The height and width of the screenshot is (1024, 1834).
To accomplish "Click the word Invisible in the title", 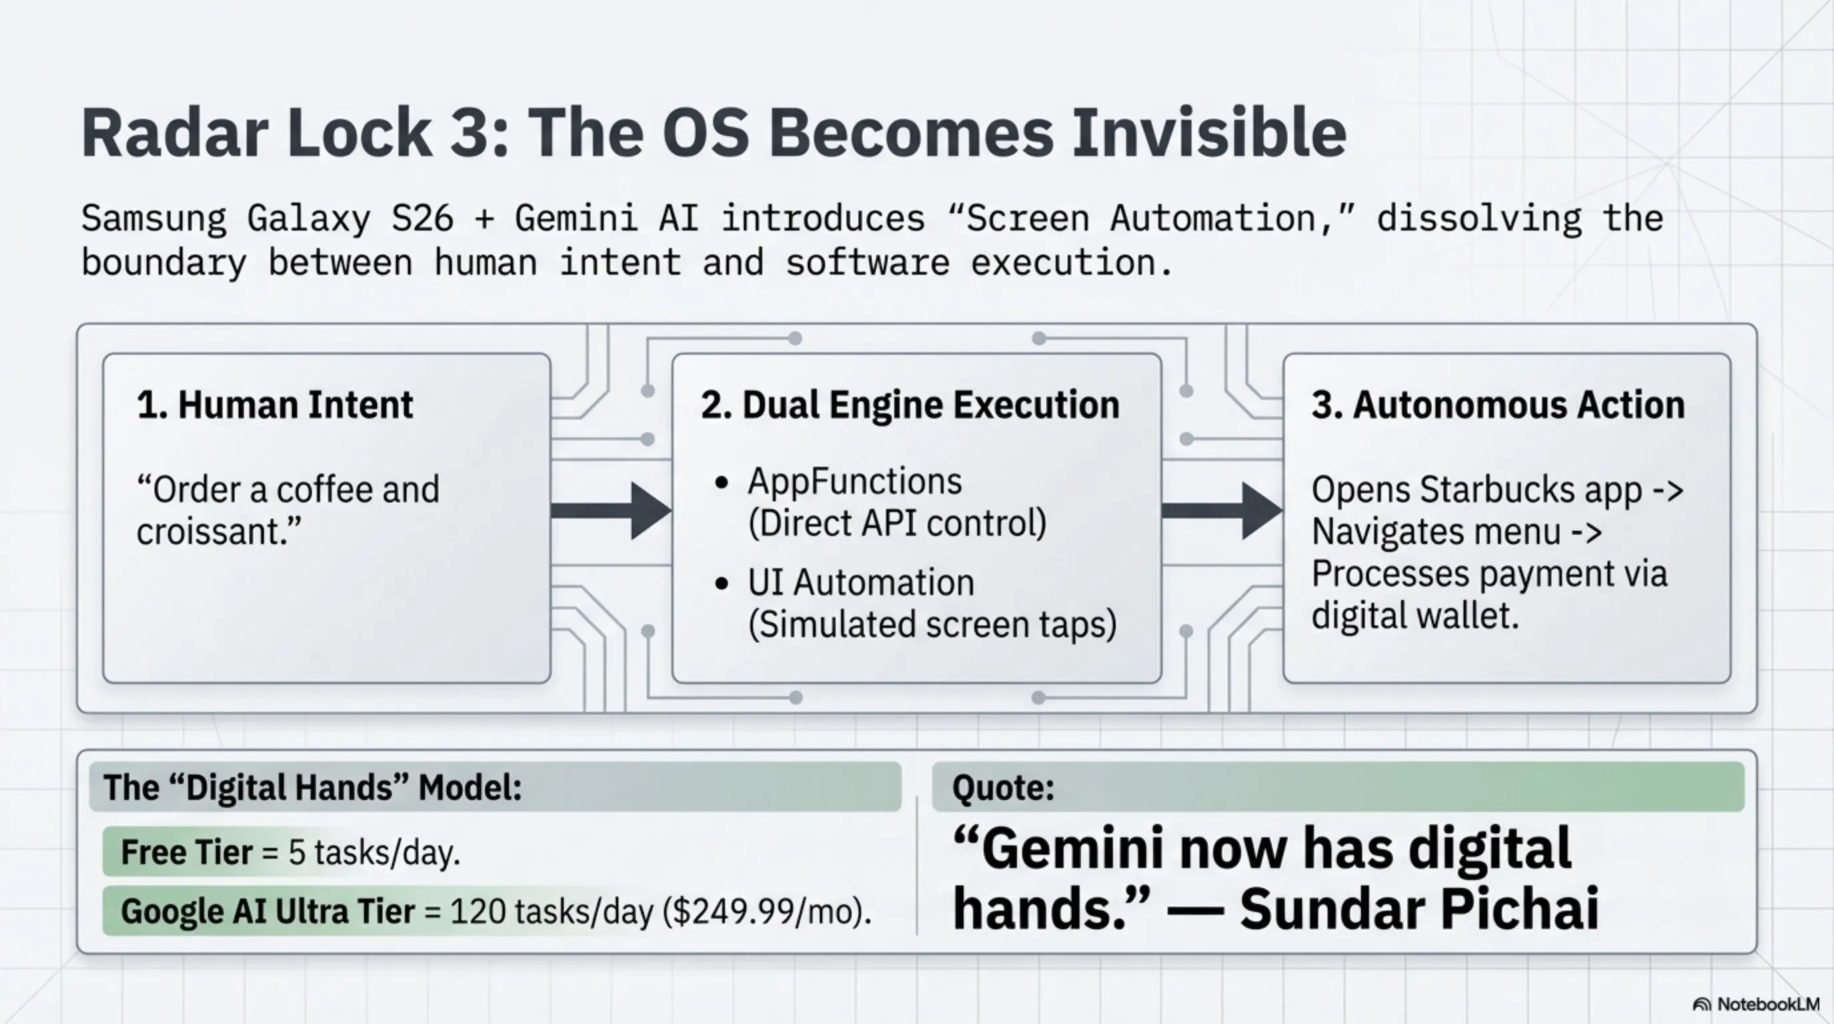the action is (x=1209, y=133).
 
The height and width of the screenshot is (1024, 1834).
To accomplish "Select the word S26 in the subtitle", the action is (x=423, y=218).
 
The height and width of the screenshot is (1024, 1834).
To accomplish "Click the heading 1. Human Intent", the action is (x=275, y=405).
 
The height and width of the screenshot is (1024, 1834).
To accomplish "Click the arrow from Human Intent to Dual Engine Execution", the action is (x=611, y=511).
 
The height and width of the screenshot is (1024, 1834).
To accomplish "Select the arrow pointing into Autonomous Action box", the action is (x=1222, y=511).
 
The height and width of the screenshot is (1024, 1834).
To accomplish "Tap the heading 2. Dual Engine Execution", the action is (x=910, y=405).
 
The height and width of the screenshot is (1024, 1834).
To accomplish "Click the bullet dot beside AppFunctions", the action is (x=721, y=483).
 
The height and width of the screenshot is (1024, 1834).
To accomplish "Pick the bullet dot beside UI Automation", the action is (x=721, y=584).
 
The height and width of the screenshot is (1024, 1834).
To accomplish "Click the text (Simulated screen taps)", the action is (x=932, y=625).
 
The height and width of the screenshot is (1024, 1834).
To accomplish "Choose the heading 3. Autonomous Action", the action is (x=1499, y=405).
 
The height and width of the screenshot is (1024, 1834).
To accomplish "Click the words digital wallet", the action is (x=1415, y=615).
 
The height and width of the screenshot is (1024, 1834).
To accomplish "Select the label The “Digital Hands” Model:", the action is (x=313, y=787).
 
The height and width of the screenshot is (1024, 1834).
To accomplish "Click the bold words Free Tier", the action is (x=187, y=853).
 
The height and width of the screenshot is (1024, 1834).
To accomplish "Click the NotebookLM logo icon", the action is (x=1701, y=1005).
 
